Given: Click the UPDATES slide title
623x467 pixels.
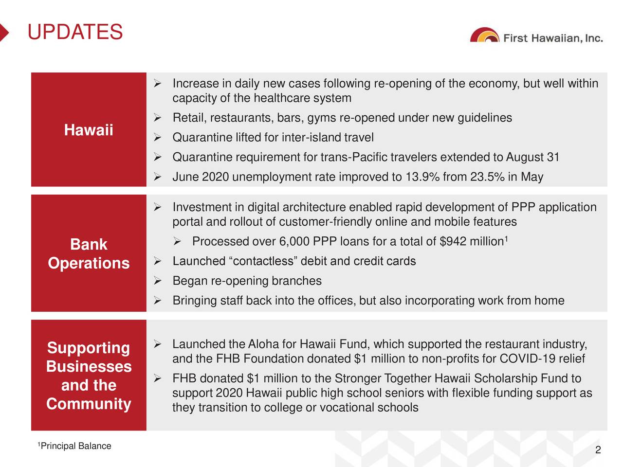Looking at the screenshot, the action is click(75, 32).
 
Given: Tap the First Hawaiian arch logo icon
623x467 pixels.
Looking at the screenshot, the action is click(484, 35).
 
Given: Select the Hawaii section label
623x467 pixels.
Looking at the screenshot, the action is click(89, 130).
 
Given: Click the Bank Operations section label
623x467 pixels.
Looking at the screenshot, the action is click(89, 254).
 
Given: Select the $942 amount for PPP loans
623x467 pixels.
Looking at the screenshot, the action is click(453, 241).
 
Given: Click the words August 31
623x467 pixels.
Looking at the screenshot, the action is click(532, 157).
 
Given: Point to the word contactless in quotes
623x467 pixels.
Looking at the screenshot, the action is click(263, 261).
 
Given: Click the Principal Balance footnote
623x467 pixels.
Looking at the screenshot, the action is click(74, 446).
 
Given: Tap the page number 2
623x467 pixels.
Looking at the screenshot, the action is click(598, 449).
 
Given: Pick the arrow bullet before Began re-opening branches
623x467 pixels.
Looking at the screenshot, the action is click(158, 281).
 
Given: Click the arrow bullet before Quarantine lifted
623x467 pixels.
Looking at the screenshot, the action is click(158, 138).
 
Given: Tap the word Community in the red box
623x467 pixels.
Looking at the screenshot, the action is click(89, 403).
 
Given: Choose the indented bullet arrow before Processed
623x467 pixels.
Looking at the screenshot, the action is click(177, 242).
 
